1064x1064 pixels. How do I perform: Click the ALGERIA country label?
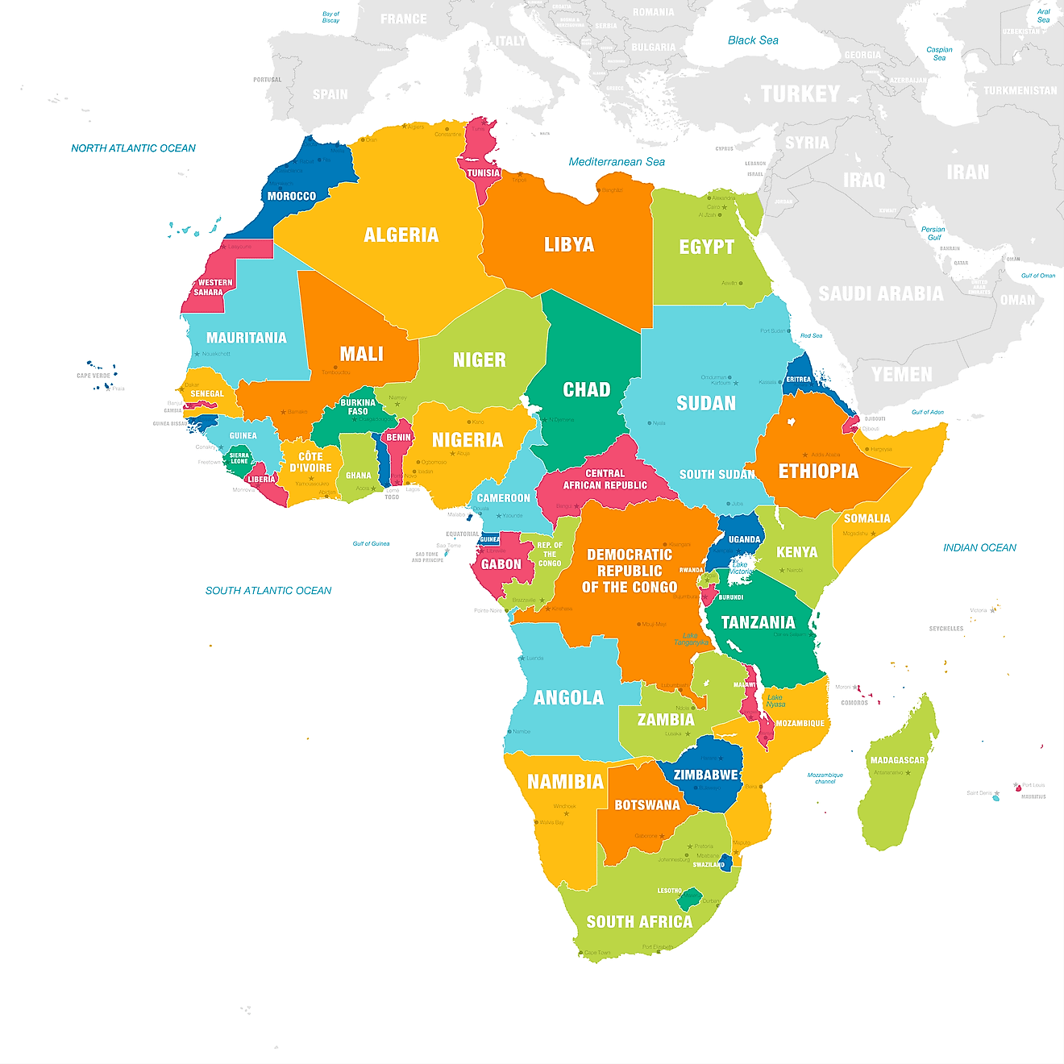pos(401,235)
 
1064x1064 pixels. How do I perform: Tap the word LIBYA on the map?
pos(569,245)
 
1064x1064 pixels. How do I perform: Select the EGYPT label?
pos(706,247)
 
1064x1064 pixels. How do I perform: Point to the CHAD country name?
pos(586,390)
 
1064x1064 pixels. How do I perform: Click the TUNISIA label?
pos(484,173)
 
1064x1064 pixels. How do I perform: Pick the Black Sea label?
pos(753,40)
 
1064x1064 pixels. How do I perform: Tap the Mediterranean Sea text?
pos(617,162)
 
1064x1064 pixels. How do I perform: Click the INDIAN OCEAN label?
pos(979,548)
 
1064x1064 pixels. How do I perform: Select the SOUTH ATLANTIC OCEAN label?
pos(268,591)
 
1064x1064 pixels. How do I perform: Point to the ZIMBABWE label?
pos(706,775)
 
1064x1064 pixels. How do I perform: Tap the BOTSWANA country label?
pos(646,805)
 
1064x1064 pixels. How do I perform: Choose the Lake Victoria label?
pos(740,567)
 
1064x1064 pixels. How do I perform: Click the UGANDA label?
pos(744,540)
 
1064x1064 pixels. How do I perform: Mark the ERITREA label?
pos(799,380)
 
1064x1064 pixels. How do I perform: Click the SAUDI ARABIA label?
pos(880,294)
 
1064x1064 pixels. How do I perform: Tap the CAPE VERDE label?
pos(94,376)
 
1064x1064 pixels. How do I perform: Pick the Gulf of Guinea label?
pos(371,544)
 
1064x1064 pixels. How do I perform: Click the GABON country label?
pos(501,565)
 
